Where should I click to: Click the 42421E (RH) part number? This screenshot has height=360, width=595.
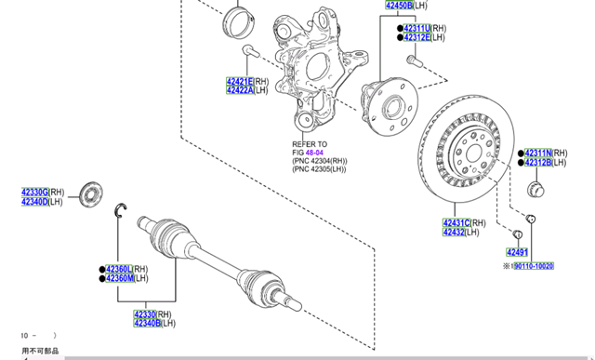[240, 81]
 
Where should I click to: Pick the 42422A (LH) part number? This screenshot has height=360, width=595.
[240, 90]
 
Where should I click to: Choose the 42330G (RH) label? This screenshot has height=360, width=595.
[35, 192]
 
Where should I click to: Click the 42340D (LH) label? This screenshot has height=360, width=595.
[35, 201]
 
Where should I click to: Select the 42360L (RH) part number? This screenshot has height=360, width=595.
[119, 269]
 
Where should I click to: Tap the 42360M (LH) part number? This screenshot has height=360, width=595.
[119, 278]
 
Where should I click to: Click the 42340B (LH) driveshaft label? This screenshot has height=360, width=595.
[146, 324]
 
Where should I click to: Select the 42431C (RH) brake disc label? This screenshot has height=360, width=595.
[456, 222]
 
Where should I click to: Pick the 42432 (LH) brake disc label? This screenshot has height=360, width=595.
[454, 232]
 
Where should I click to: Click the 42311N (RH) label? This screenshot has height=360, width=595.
[538, 153]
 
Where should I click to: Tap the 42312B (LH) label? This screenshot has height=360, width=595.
[538, 163]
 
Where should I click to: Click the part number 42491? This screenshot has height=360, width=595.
[517, 252]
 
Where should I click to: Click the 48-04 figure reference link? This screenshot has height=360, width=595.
[314, 152]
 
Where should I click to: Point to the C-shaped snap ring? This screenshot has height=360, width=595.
[120, 210]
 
